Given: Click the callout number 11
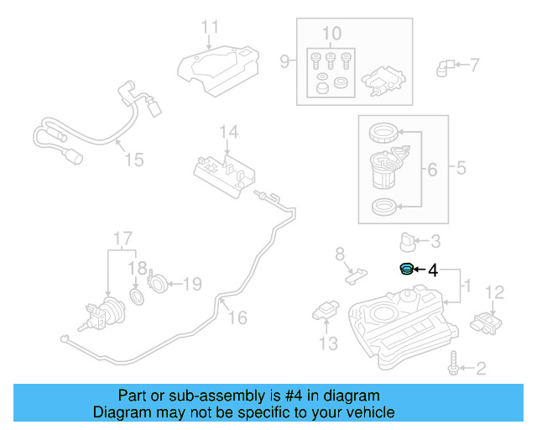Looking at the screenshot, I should point(209,27).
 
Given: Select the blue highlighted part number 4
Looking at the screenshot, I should point(404,269).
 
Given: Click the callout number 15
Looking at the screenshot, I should point(134,159).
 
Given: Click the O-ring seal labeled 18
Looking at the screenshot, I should point(138,298).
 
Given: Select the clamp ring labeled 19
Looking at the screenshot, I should point(159,281).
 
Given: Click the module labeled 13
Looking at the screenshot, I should point(326,312).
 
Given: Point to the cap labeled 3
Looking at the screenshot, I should point(407,243).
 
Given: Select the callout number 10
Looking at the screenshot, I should point(331,34).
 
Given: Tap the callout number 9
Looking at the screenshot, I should point(284,60).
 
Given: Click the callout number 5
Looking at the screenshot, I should point(461,168).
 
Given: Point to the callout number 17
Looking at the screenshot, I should point(123,238).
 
